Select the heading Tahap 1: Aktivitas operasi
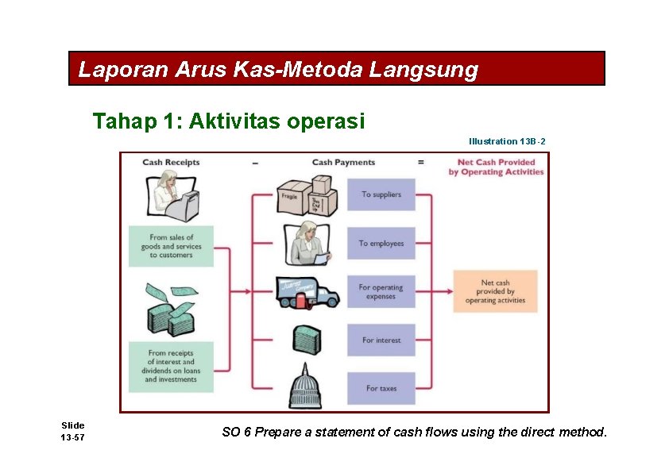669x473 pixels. point(229,121)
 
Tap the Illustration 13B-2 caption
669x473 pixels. point(507,141)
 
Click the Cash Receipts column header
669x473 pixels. point(171,163)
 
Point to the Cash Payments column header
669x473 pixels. point(343,163)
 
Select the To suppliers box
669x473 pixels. point(381,194)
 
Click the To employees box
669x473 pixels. point(381,244)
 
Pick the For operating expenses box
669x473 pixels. point(381,292)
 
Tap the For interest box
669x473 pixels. point(381,340)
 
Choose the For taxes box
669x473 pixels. point(381,388)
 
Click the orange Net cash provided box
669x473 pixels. point(495,291)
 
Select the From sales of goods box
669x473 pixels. point(172,246)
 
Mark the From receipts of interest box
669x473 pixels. point(172,366)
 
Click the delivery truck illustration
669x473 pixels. point(307,292)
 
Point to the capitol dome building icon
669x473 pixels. point(306,386)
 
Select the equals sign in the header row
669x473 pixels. point(421,163)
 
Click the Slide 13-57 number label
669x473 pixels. point(73,432)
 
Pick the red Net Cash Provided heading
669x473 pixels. point(496,167)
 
